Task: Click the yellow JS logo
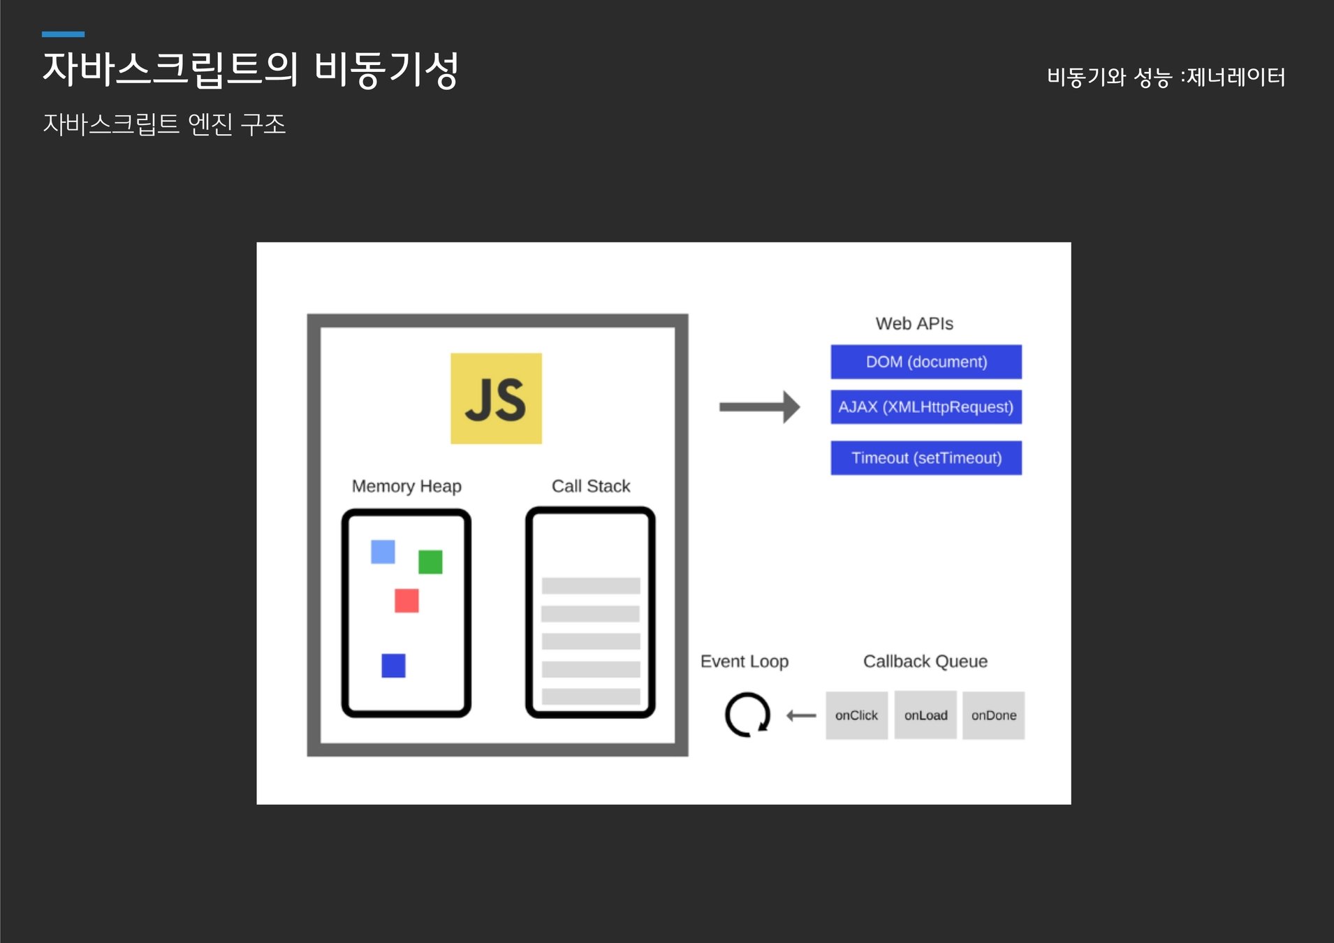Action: tap(496, 398)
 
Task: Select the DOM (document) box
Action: tap(926, 362)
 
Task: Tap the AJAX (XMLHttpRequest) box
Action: tap(926, 407)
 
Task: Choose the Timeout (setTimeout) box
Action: tap(926, 458)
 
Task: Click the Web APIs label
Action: tap(914, 323)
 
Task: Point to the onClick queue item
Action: tap(856, 715)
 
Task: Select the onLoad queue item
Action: tap(925, 715)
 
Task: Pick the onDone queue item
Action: tap(993, 715)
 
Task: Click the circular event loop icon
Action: tap(747, 715)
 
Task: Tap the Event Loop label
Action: tap(745, 661)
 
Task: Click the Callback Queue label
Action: tap(925, 661)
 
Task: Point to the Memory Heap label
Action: tap(406, 486)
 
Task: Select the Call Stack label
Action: tap(591, 486)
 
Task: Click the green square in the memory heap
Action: tap(430, 562)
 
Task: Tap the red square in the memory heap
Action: tap(406, 601)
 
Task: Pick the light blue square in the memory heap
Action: tap(383, 552)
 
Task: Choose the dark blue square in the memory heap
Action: tap(393, 666)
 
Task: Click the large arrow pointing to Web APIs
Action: tap(760, 407)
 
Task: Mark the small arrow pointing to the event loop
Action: tap(801, 715)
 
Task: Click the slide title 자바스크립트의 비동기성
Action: tap(250, 70)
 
